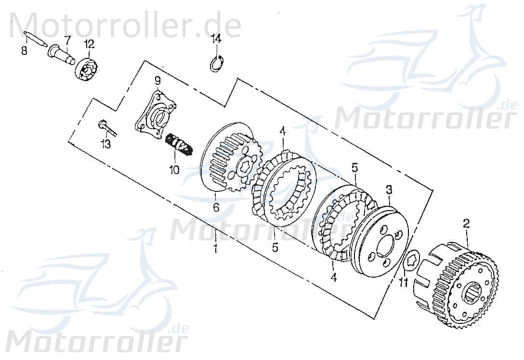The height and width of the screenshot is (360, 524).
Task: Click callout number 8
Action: point(24,50)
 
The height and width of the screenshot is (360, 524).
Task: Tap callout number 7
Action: point(67,39)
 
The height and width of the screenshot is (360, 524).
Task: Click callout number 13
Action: point(105,144)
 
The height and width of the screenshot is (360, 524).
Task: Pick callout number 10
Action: point(173,170)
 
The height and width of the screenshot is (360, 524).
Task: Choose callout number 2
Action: point(466,223)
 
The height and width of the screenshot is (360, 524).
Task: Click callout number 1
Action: point(215,249)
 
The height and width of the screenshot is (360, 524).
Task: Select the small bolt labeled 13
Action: point(108,128)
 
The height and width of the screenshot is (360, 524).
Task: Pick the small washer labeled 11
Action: point(411,260)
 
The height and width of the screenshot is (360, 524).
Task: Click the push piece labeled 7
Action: point(62,55)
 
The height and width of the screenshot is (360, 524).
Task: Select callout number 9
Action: point(157,79)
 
